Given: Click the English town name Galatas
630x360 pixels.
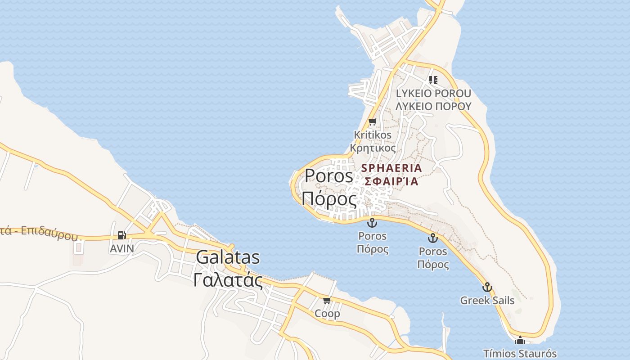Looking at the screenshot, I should [228, 257].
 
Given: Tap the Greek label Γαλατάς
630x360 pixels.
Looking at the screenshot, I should [228, 280].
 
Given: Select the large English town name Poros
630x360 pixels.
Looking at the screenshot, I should [329, 175].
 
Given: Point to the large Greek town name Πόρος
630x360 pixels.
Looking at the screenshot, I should [329, 198].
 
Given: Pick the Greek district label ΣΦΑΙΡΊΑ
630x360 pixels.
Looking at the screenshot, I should [391, 182].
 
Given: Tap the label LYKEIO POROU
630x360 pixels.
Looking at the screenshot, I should [433, 94].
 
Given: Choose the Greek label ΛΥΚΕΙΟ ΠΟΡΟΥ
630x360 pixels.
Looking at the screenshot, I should [433, 106].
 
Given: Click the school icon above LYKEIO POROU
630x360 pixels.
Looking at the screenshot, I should [433, 80].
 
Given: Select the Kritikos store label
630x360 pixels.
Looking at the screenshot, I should [373, 135].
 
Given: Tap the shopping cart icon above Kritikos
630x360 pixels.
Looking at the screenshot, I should [372, 121].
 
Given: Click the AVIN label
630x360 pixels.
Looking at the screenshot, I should [121, 248].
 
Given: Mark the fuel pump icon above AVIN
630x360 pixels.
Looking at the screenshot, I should [121, 235].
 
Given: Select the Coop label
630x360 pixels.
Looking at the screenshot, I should [328, 314].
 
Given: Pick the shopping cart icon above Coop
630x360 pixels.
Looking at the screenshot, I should [327, 300].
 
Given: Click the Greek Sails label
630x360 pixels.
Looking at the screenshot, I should [487, 301].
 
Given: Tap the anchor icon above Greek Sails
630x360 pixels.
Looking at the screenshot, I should [487, 287].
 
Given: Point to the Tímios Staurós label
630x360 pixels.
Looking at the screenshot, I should [520, 354].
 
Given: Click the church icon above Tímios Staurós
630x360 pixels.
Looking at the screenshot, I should [520, 341].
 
